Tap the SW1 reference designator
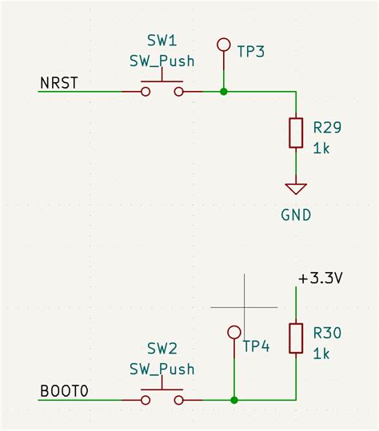(x=162, y=40)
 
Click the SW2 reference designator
(x=162, y=349)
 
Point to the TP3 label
(x=250, y=52)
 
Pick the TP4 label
(x=256, y=347)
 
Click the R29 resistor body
(x=296, y=132)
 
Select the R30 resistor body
(x=296, y=338)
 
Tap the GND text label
(x=296, y=215)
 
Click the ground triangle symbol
(x=296, y=189)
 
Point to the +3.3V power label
(x=320, y=279)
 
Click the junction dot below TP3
(x=224, y=92)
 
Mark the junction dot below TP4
(x=234, y=399)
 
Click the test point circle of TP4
(x=234, y=331)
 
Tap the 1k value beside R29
(x=321, y=148)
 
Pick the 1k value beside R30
(x=321, y=353)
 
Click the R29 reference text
(x=328, y=127)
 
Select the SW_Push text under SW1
(x=162, y=61)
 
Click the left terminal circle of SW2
(x=145, y=399)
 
